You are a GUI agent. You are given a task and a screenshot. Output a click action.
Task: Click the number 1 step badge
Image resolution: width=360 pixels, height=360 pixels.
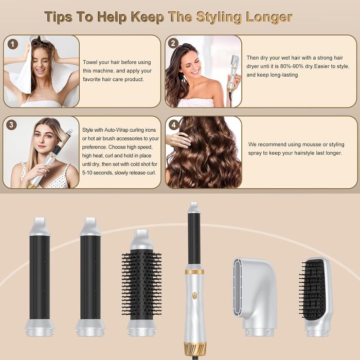click(x=13, y=44)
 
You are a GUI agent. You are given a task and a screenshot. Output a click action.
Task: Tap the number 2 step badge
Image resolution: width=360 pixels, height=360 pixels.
click(x=173, y=43)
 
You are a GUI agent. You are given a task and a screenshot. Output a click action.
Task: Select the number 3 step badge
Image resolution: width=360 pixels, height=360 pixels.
click(x=11, y=125)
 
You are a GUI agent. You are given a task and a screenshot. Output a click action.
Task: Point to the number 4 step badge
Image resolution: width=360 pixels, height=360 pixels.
click(x=174, y=125)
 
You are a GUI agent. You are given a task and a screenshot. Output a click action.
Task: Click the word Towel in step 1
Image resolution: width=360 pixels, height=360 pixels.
click(x=90, y=62)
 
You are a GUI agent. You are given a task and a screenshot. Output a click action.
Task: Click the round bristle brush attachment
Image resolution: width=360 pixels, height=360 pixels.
click(x=141, y=282)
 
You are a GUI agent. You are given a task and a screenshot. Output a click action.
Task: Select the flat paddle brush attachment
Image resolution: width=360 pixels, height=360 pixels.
click(x=316, y=297)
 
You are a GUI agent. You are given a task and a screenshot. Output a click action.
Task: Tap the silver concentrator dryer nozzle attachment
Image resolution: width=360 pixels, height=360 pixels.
click(x=255, y=297)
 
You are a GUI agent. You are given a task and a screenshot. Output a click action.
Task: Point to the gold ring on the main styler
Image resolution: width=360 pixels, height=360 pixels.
click(x=194, y=272)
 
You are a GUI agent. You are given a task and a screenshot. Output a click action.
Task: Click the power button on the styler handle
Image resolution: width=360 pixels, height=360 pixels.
click(x=194, y=295)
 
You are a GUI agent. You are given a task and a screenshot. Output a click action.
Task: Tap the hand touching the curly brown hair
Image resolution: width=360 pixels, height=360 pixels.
click(x=178, y=139)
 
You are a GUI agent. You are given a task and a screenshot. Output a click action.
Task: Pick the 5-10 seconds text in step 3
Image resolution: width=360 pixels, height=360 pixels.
click(x=98, y=173)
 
